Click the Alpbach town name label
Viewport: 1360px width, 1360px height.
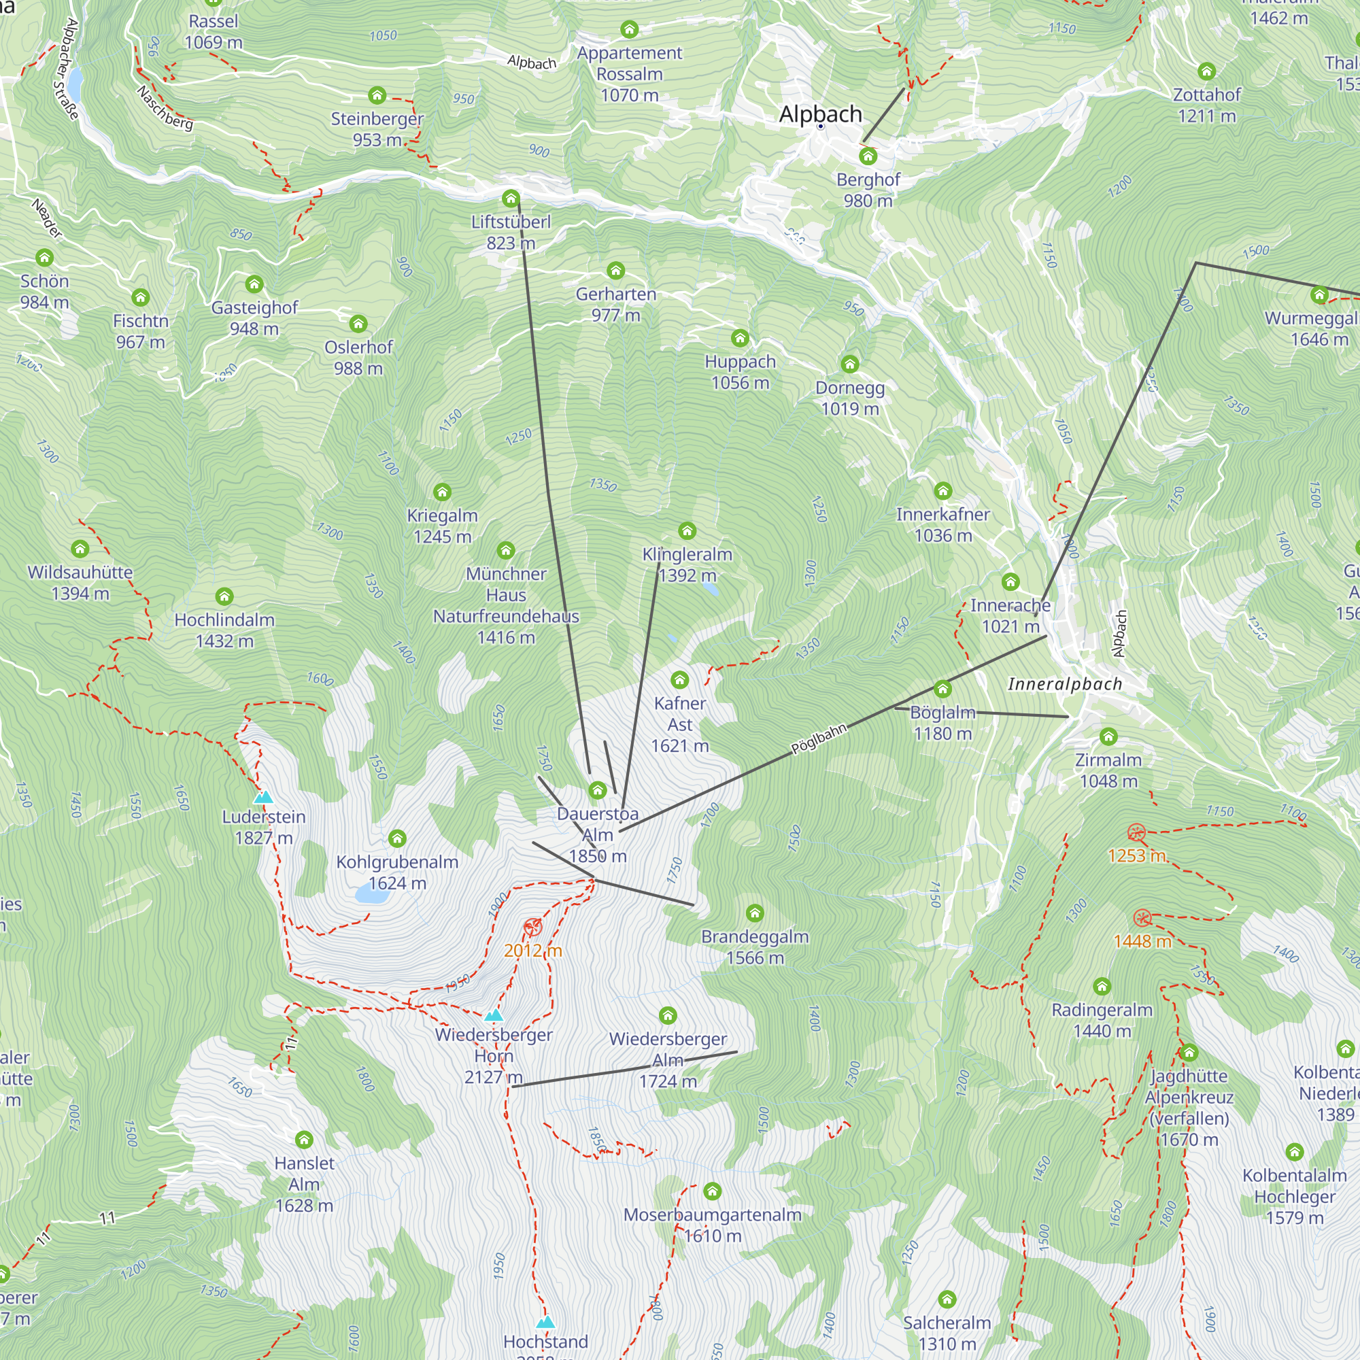coord(820,114)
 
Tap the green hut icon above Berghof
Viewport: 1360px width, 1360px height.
coord(868,156)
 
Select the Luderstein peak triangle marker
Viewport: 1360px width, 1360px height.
coord(263,797)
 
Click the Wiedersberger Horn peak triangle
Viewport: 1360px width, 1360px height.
coord(494,1015)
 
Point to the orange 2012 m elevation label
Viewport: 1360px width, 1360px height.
coord(533,951)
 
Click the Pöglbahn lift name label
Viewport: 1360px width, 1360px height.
coord(819,738)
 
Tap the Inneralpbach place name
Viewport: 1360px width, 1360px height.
coord(1064,683)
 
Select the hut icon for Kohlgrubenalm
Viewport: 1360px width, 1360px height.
coord(397,838)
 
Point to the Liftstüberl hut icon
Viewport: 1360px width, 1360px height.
coord(511,198)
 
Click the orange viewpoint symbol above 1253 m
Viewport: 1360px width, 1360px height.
coord(1136,833)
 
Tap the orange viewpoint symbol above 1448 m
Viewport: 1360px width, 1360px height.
coord(1142,918)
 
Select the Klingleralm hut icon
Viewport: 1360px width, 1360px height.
coord(687,530)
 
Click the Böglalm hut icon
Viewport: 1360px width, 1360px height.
coord(942,687)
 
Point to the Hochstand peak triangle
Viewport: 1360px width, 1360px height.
coord(545,1322)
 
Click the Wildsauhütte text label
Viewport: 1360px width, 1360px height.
coord(80,572)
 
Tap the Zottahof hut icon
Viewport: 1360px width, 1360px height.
coord(1206,71)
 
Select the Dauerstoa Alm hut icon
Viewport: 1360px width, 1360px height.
coord(597,789)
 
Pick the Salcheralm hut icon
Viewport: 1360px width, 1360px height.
coord(947,1298)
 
